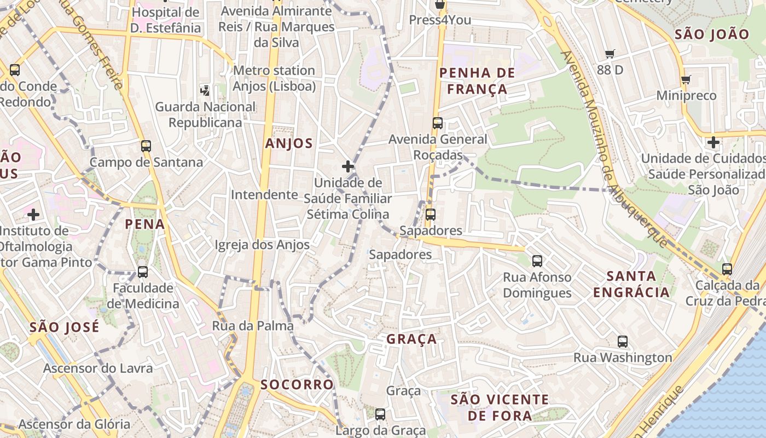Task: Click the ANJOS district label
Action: [288, 144]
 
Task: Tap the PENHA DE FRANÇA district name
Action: [477, 81]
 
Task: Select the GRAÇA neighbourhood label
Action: [411, 339]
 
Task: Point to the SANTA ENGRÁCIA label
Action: [631, 284]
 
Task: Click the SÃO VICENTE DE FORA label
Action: [499, 407]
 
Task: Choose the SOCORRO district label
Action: [297, 384]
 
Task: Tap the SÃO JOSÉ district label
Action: [65, 327]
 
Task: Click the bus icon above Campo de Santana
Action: [146, 146]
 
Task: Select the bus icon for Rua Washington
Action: [622, 342]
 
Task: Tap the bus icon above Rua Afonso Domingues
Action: [537, 261]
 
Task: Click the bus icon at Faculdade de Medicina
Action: [142, 272]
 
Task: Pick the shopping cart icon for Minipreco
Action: [686, 80]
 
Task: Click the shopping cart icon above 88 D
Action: [610, 54]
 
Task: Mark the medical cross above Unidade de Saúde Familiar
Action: [347, 166]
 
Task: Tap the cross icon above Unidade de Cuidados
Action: [712, 143]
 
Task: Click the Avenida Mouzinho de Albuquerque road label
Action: [613, 148]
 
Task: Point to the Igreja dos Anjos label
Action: [262, 245]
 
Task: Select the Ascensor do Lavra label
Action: [98, 368]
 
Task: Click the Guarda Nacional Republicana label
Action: [205, 114]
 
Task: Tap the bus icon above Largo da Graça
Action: [380, 414]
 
